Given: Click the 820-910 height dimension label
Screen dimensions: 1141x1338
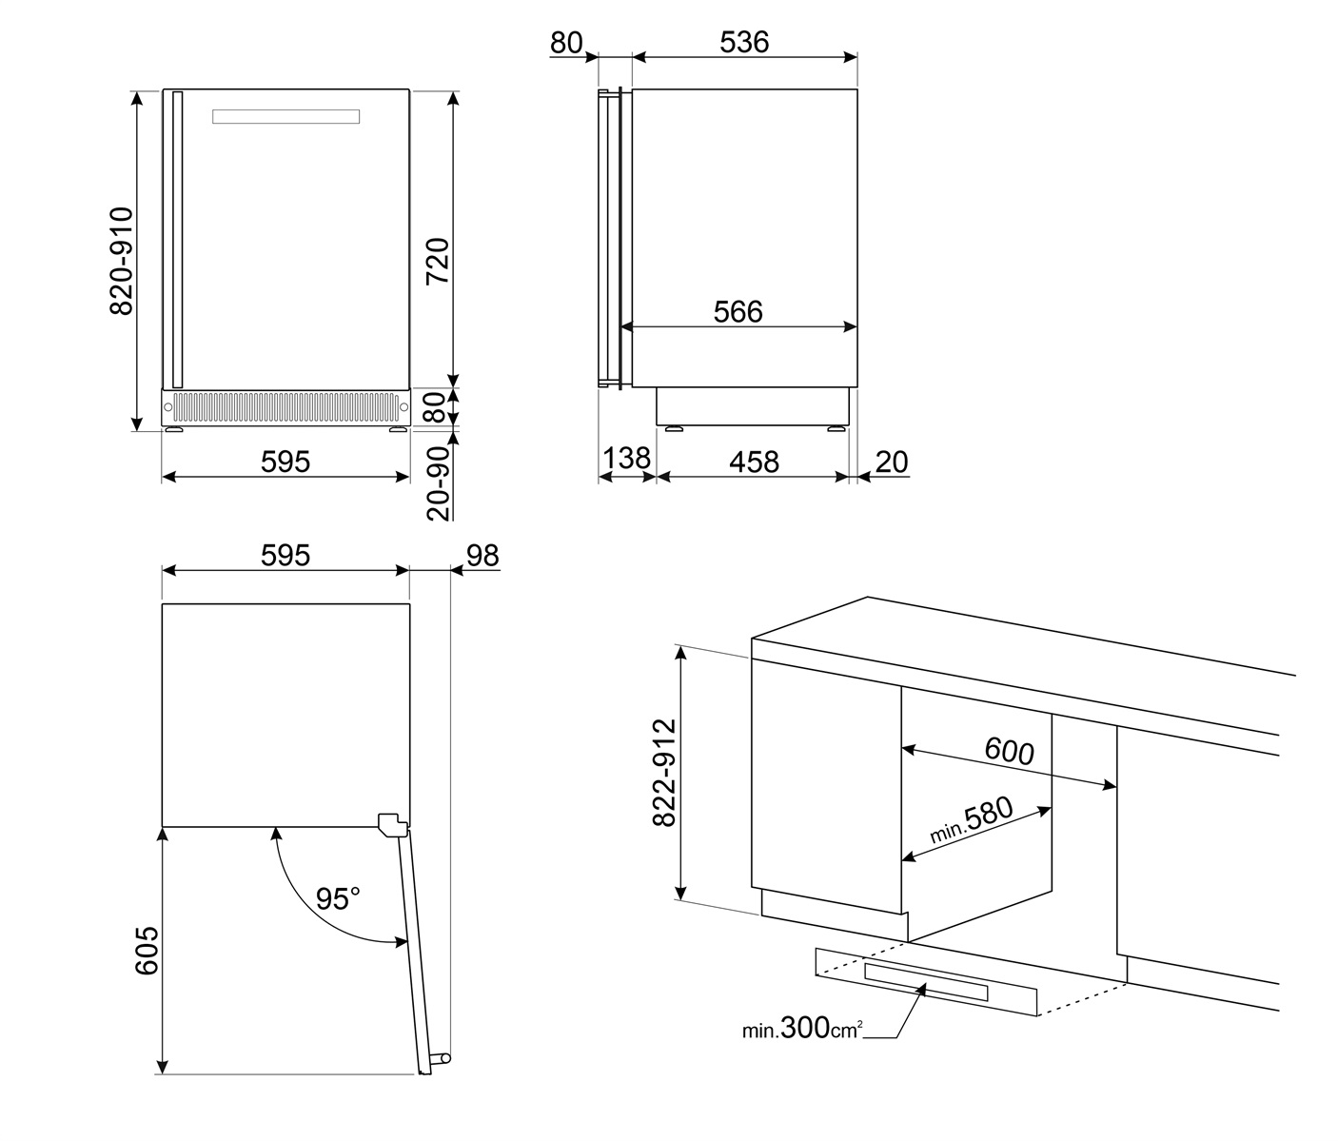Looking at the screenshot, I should [122, 260].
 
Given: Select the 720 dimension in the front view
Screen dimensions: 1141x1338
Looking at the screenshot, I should [437, 261].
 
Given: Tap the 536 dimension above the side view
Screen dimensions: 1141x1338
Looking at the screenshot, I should [744, 42].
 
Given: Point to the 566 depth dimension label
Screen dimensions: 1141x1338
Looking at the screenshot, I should [738, 311].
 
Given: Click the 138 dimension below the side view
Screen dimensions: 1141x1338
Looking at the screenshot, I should [627, 459].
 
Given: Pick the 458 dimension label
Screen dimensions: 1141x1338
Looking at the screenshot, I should [754, 462].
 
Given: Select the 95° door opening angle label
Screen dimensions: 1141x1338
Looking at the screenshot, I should [339, 898].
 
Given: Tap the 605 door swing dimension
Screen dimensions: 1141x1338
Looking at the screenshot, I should [146, 952].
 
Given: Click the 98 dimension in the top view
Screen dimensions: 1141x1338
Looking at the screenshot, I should [482, 556].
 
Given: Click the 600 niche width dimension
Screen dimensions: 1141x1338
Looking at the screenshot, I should [1009, 752].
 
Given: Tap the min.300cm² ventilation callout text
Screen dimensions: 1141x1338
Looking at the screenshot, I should [802, 1029].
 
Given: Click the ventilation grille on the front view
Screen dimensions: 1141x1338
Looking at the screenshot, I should [285, 406].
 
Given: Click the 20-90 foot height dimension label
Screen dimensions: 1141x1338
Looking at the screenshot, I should [438, 483].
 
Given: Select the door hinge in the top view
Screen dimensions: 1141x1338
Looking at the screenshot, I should [390, 823].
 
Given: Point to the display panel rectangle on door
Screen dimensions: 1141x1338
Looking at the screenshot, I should [285, 116].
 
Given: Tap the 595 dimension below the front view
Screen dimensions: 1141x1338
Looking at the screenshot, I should [285, 462].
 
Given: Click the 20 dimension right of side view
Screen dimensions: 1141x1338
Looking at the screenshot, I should [892, 462].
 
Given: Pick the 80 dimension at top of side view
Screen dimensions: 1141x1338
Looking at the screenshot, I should [565, 43].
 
